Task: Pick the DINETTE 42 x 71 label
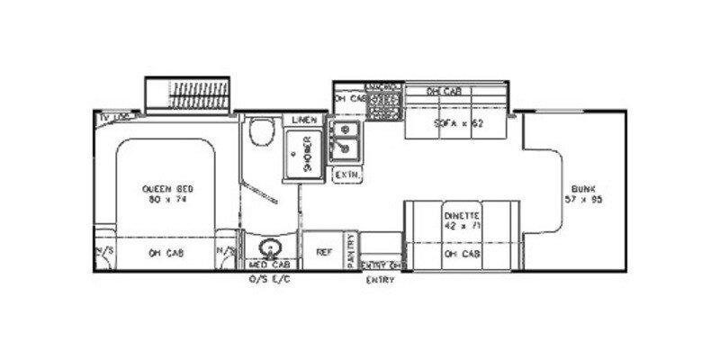(462, 221)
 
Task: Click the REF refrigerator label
(322, 253)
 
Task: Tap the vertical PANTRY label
(350, 251)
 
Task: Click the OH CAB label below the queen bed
(162, 253)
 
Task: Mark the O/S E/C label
(269, 279)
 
